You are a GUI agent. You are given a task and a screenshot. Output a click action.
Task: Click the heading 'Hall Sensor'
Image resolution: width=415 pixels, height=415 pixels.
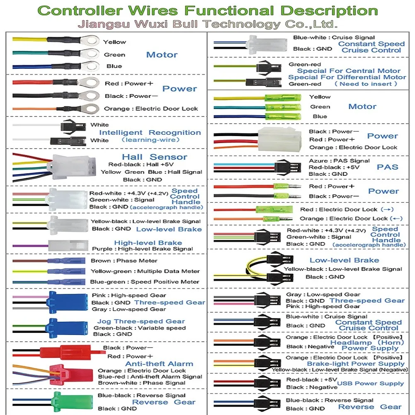click(x=154, y=157)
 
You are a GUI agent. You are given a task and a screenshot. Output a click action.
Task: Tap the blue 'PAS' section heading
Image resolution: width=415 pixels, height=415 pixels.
click(x=387, y=167)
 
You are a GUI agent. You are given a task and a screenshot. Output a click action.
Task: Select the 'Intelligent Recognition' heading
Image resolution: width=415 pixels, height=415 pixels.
click(x=150, y=133)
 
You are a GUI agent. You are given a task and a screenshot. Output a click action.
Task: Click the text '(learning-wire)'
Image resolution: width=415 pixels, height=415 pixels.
click(x=150, y=140)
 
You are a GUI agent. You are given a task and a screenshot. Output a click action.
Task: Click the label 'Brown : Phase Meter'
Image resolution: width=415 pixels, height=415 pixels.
click(x=124, y=261)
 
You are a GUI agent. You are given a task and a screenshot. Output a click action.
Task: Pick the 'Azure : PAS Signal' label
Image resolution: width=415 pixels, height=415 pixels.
click(x=339, y=160)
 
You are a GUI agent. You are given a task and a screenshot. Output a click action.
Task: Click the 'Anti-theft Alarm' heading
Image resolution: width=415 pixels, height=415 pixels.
click(x=153, y=364)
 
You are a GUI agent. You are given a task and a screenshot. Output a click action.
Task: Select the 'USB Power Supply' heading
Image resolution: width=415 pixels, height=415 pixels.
click(x=370, y=383)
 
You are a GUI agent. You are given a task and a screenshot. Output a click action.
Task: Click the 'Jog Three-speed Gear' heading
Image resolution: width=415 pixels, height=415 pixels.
click(x=141, y=321)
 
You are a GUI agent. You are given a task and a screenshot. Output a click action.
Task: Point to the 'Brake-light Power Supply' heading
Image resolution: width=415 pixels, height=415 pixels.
click(x=355, y=364)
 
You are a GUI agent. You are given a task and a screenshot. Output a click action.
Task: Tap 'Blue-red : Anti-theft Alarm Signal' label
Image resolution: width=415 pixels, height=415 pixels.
click(x=150, y=377)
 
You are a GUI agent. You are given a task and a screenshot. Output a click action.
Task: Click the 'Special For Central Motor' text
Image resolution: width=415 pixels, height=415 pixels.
click(x=348, y=71)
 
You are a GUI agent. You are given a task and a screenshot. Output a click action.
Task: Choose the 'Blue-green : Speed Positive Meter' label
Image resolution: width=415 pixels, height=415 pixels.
click(x=145, y=282)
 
